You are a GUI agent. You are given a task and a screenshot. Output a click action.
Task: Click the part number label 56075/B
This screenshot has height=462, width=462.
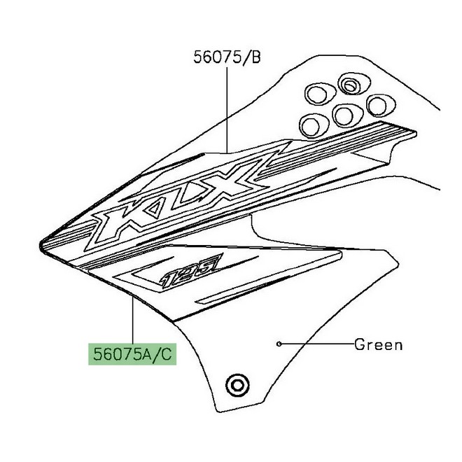(225, 57)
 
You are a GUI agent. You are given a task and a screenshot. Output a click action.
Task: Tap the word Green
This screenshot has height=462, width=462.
(378, 344)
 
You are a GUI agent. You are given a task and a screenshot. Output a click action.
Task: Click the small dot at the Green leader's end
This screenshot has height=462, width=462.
(278, 344)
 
